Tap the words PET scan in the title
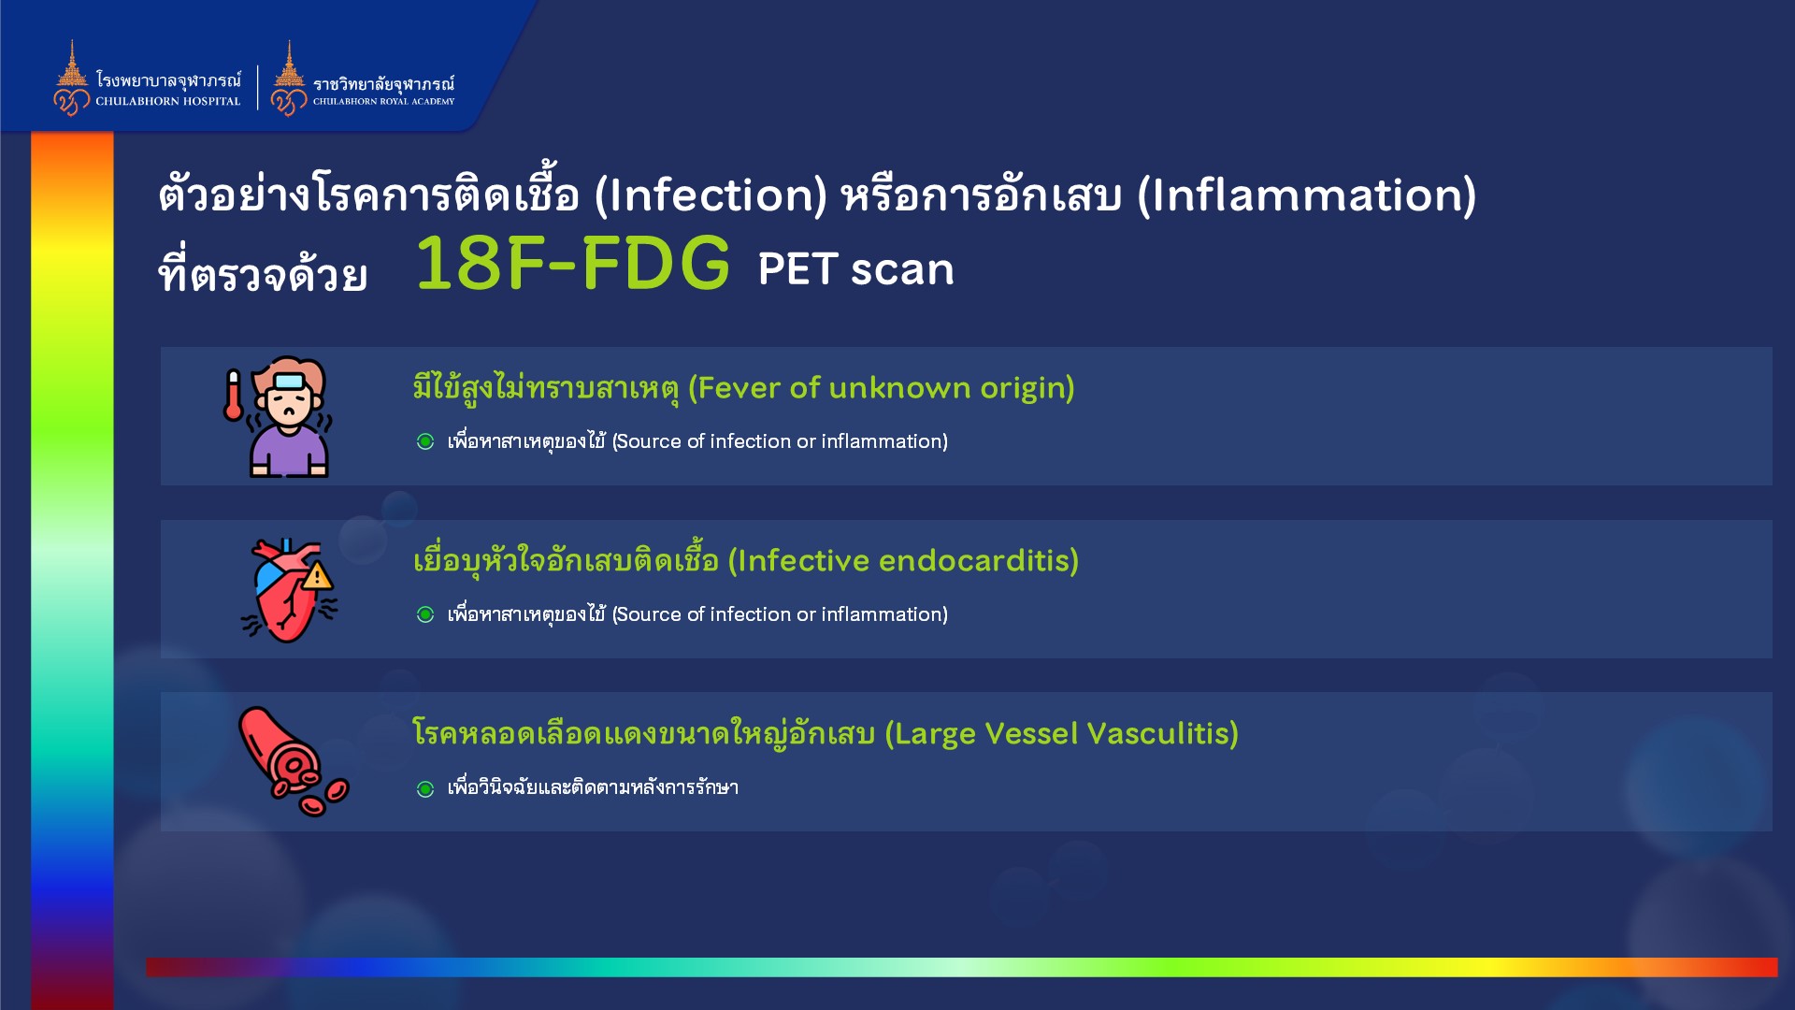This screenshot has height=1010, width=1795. (855, 269)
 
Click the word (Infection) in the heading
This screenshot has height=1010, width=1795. (711, 195)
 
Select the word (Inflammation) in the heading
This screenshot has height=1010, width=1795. (1307, 195)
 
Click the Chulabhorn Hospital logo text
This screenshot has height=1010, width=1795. (168, 90)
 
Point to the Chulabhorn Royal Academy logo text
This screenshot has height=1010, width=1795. (383, 92)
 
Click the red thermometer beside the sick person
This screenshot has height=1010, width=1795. (233, 395)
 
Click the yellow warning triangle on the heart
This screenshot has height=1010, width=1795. (318, 575)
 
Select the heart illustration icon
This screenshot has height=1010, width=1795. (290, 590)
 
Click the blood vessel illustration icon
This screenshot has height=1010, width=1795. (293, 760)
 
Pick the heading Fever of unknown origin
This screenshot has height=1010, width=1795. (743, 388)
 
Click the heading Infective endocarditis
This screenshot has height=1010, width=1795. (746, 561)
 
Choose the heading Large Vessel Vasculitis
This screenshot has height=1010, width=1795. (826, 734)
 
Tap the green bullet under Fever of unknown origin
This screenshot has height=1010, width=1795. (425, 441)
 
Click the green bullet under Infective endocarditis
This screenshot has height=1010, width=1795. (425, 614)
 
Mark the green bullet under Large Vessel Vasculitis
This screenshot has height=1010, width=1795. (425, 789)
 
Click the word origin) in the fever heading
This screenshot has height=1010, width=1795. (1027, 389)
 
